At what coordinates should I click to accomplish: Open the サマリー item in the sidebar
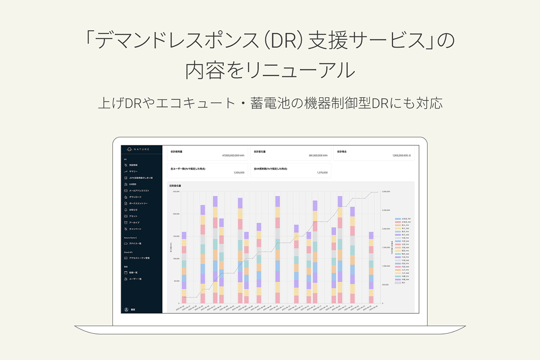pos(134,171)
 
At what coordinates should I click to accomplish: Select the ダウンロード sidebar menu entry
pos(135,197)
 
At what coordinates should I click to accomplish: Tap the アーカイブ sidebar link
pos(134,222)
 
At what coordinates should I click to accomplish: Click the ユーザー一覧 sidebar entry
pos(135,279)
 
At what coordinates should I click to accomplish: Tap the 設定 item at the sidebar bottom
pos(133,310)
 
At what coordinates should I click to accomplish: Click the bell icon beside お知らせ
pos(126,210)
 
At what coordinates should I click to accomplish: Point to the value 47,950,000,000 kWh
pos(234,156)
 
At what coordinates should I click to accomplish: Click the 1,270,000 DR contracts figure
pos(322,172)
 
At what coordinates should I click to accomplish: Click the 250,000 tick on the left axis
pos(176,192)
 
